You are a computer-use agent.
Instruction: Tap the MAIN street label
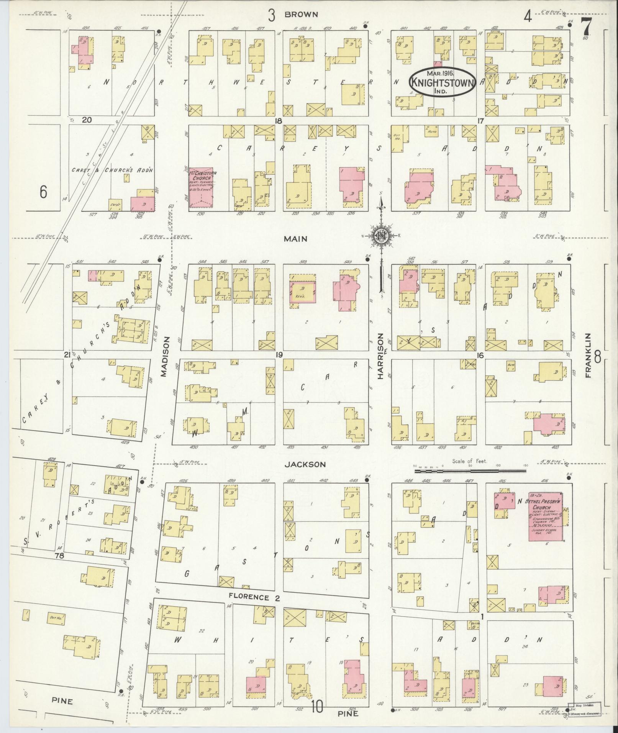click(295, 239)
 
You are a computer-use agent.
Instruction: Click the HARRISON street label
click(380, 356)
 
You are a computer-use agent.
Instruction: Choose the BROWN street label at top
click(301, 15)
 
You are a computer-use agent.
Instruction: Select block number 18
click(279, 121)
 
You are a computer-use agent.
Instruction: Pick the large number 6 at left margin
click(43, 192)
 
